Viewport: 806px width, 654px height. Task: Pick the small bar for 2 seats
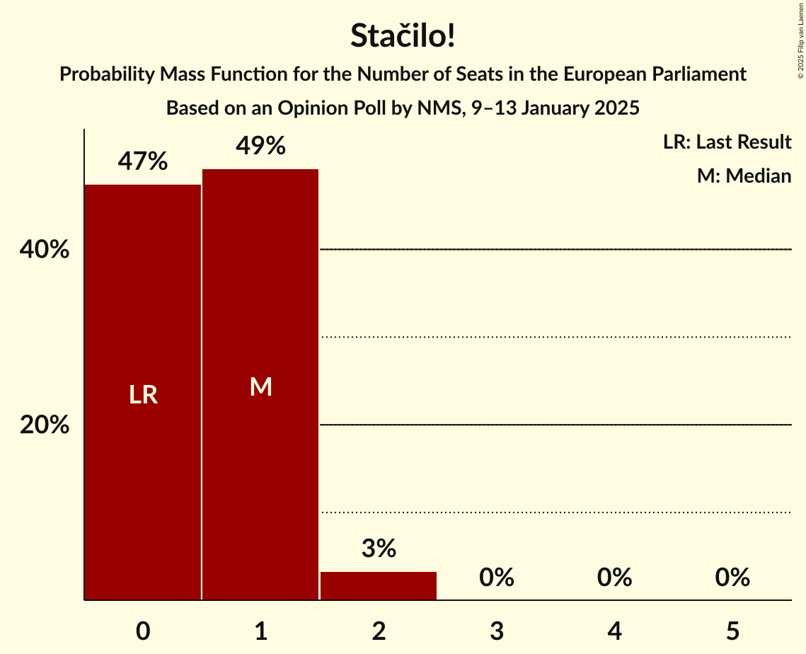coord(379,585)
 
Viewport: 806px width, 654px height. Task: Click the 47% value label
coord(143,162)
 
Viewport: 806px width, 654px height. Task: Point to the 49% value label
coord(260,147)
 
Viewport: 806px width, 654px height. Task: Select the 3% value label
coord(379,549)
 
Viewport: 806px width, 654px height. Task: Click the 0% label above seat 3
coord(496,578)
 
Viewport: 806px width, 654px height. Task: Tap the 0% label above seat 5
coord(732,578)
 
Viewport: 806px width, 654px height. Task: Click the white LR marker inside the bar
coord(143,395)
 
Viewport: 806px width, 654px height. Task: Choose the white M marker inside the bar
coord(260,386)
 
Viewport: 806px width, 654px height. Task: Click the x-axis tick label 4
coord(614,631)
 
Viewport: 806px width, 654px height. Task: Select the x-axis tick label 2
coord(379,631)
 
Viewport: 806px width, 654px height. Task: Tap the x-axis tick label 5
coord(732,631)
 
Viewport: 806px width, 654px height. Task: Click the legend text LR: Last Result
coord(727,142)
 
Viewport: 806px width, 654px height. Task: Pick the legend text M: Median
coord(744,176)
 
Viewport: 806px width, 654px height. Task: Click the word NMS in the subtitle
coord(436,108)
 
